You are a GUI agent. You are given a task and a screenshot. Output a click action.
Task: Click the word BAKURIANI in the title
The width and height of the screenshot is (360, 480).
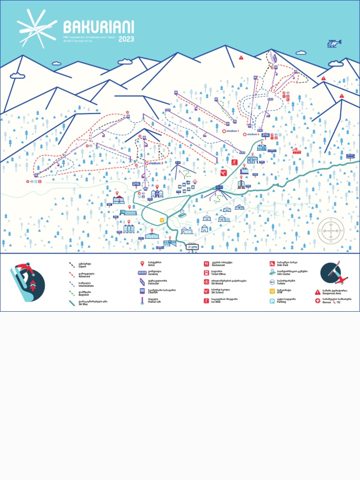(98, 26)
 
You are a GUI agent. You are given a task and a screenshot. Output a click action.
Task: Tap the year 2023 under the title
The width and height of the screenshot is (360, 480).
(126, 39)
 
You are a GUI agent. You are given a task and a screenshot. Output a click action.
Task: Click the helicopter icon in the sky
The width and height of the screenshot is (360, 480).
(334, 43)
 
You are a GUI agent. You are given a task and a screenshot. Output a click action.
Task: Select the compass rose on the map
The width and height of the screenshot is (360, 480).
(331, 231)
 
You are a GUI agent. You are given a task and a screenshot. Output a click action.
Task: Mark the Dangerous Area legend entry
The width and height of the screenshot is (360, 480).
(334, 292)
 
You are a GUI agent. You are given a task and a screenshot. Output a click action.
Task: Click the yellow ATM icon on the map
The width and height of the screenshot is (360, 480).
(162, 219)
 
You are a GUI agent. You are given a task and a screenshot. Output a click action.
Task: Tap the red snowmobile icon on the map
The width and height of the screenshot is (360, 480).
(296, 151)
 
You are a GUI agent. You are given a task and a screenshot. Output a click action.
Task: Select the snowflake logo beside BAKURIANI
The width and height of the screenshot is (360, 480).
(37, 29)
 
